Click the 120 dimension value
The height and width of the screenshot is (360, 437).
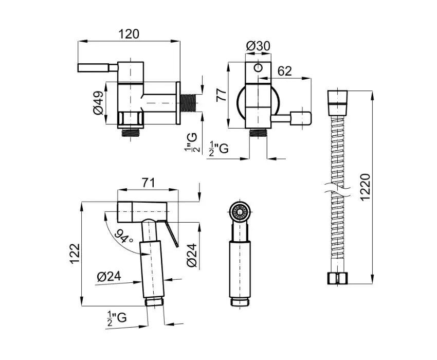point(129,34)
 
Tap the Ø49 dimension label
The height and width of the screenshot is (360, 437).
point(98,103)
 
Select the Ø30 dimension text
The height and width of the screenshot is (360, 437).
point(258,46)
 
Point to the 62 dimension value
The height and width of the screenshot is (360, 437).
point(284,71)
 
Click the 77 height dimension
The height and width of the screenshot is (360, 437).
point(222,95)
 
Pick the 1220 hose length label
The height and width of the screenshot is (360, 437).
point(365,187)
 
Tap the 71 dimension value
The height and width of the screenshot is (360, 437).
point(148,183)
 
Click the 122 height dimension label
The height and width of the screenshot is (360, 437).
point(75,254)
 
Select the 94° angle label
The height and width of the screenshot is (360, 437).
point(123,236)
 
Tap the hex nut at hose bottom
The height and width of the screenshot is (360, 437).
point(337,279)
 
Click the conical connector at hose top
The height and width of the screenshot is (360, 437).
point(337,102)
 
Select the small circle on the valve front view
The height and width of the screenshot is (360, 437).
point(259,68)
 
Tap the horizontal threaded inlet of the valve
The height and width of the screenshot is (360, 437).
point(189,103)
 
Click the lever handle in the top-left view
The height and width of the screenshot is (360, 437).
point(98,68)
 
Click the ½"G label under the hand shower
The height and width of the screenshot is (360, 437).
point(117,318)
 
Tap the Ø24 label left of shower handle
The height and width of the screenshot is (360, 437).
point(109,276)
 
